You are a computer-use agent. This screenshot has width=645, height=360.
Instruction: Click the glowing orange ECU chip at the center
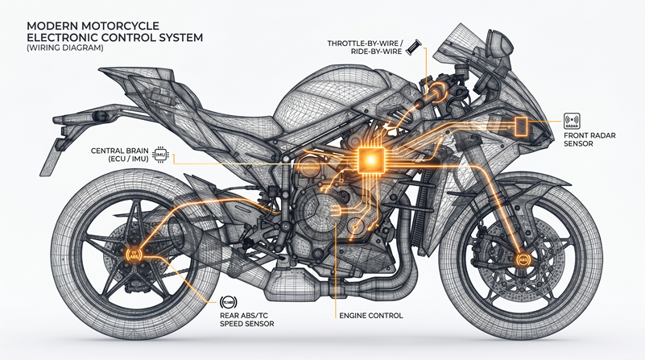(x=370, y=160)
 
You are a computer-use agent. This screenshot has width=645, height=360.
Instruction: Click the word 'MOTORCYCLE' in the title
(x=126, y=25)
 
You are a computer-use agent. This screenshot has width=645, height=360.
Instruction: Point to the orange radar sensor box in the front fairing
(x=521, y=126)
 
